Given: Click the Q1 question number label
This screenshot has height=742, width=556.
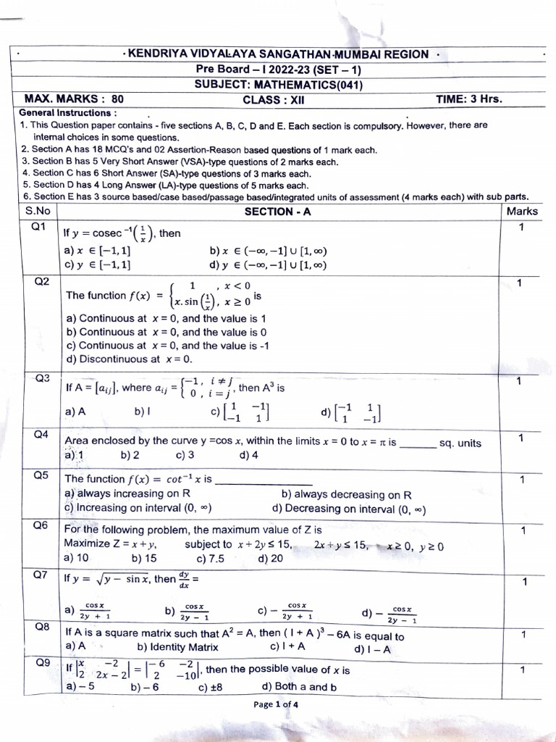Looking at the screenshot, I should [x=38, y=227].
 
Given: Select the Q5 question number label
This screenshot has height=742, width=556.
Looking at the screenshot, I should [x=41, y=475].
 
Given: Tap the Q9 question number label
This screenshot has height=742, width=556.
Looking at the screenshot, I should [x=41, y=662].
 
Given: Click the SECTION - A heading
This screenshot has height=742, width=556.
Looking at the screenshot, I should [x=278, y=212].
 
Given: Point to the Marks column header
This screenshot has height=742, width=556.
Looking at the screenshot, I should [x=522, y=211].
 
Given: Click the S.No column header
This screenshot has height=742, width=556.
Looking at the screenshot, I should [x=38, y=211].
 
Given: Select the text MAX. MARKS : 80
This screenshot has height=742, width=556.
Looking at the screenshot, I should [x=74, y=99].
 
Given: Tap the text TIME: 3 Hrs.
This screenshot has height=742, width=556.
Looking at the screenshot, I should [x=468, y=99].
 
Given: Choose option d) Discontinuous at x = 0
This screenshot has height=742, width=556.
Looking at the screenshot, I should [x=129, y=359].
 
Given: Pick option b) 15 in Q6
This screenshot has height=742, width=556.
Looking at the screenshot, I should [x=144, y=558].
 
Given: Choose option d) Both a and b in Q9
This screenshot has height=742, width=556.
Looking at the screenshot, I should [x=299, y=687].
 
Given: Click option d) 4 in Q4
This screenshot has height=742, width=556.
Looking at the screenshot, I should [x=248, y=455].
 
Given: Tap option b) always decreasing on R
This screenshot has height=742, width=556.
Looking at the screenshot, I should [x=346, y=495].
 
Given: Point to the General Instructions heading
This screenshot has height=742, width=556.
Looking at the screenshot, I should [x=67, y=113].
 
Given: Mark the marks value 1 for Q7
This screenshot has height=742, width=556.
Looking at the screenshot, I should [x=523, y=581].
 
